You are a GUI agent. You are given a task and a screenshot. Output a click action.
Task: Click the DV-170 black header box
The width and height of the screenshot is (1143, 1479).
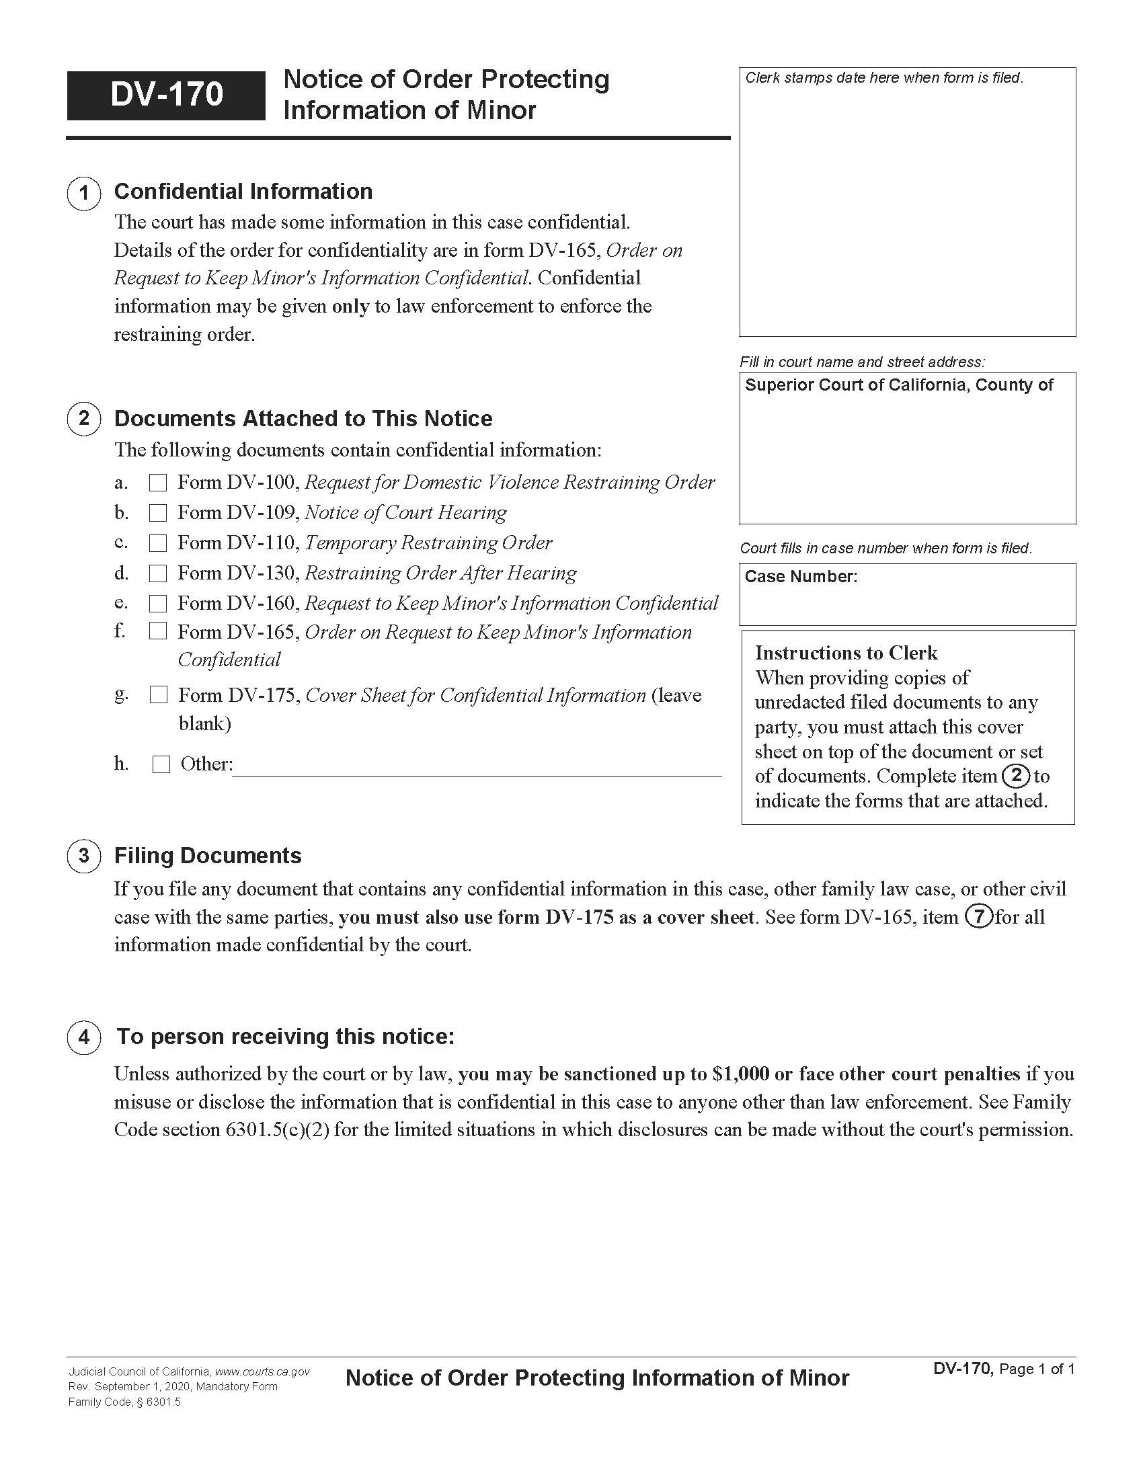coord(166,95)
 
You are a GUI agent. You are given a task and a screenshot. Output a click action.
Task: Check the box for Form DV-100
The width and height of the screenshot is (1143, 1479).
coord(158,483)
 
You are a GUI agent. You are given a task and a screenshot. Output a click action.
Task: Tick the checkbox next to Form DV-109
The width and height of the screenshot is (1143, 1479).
coord(158,514)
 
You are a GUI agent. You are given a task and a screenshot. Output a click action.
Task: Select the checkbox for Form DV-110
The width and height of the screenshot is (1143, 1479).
coord(158,543)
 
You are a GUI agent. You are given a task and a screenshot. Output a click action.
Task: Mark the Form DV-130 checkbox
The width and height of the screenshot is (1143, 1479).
coord(158,573)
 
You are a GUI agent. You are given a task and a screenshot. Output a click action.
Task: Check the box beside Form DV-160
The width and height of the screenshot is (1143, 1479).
coord(158,604)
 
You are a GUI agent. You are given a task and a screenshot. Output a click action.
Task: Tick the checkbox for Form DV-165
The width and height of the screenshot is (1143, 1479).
coord(158,631)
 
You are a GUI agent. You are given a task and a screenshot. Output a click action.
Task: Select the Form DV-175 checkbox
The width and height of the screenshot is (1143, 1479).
coord(159,695)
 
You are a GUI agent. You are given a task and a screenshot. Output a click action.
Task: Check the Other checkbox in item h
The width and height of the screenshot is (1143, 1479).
coord(161,764)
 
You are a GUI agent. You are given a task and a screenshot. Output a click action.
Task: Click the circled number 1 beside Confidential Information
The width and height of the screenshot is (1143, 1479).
coord(84,194)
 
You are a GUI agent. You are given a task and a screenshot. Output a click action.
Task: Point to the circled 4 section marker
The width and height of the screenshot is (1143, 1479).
coord(84,1037)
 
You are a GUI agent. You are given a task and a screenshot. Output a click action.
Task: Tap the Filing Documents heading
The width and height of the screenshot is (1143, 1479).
coord(207,856)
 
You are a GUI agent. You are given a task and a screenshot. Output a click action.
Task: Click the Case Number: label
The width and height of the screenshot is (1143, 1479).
coord(800,577)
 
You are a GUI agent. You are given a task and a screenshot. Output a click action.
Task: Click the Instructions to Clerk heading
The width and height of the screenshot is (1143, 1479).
coord(846,653)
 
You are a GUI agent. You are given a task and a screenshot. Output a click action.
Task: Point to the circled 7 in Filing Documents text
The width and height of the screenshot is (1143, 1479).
coord(979,917)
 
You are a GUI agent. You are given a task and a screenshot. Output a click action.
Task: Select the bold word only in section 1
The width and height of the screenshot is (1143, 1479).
coord(350,307)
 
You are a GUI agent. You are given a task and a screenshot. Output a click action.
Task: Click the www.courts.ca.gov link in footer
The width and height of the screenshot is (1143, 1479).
coord(262,1372)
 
